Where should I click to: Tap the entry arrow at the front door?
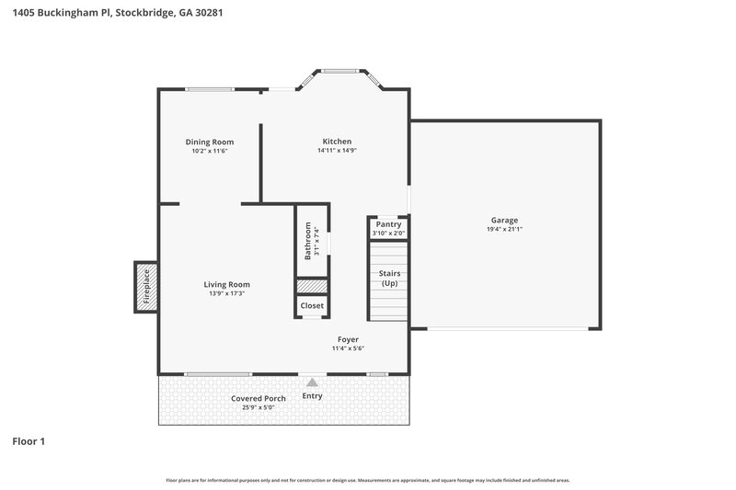point(313,382)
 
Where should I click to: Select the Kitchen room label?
point(337,142)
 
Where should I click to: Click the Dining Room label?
point(209,142)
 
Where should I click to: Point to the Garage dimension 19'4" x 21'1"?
point(504,230)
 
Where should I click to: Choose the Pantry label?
point(388,224)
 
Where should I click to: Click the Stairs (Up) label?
point(389,279)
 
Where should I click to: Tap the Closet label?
point(312,306)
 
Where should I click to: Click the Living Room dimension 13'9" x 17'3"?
point(227,294)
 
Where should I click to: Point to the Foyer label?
point(348,339)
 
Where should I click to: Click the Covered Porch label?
point(258,398)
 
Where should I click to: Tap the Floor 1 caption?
point(29,441)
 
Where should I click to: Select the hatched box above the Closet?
point(312,286)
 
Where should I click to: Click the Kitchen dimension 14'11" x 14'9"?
point(337,151)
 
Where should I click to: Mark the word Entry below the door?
point(313,397)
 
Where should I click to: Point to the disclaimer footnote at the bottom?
point(368,480)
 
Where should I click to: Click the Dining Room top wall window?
point(209,89)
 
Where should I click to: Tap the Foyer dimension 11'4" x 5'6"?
point(348,348)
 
